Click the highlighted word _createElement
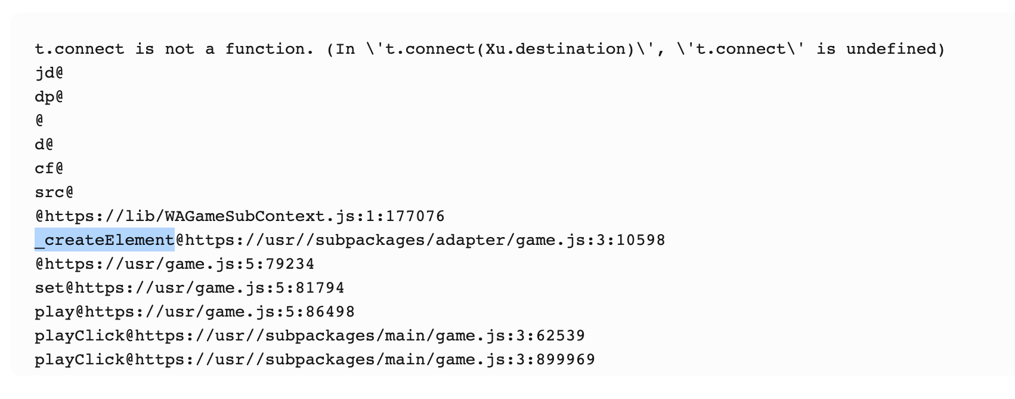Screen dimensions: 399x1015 click(104, 240)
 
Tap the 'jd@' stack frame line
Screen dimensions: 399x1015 click(49, 73)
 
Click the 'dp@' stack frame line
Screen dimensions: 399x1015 click(49, 97)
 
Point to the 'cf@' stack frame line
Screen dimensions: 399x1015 click(49, 168)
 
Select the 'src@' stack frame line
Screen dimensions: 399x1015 click(54, 192)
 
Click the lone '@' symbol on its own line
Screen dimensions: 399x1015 click(39, 121)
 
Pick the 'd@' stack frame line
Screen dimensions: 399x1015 click(44, 145)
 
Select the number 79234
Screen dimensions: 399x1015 click(290, 264)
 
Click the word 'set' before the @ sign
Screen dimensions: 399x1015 click(49, 288)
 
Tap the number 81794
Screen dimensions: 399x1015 click(320, 288)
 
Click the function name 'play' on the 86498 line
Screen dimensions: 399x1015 click(54, 312)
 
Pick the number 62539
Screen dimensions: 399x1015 click(560, 336)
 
